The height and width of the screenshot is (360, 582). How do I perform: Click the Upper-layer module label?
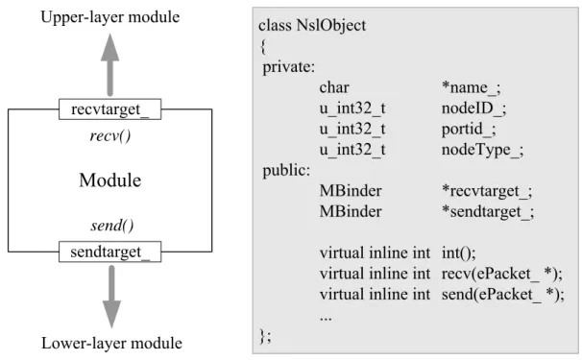coord(110,17)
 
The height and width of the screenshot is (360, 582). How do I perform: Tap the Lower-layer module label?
coord(111,344)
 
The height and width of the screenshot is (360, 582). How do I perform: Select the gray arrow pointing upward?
coord(110,64)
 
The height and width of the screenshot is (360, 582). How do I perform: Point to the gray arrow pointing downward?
coord(111,297)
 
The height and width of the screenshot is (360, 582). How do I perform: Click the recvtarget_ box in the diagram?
coord(109,109)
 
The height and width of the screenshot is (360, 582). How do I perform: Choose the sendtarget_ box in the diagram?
coord(109,252)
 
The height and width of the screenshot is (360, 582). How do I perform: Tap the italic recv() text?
coord(110,135)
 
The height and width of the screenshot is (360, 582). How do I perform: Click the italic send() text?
coord(112,226)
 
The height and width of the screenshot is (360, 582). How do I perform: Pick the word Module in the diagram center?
coord(110,180)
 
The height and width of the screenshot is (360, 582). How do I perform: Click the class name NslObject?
coord(331,25)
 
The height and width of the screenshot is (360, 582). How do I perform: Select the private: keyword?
coord(289,67)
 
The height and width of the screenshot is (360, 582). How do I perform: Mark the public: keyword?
coord(286,170)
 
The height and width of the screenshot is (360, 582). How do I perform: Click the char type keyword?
coord(334,87)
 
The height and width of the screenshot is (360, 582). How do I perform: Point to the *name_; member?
coord(471,88)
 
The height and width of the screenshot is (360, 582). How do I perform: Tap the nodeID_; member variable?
coord(474,108)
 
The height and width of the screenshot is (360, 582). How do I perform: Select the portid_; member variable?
coord(469,130)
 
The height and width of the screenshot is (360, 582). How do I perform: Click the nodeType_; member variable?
coord(482,150)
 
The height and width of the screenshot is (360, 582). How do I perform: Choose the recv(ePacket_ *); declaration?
coord(502,274)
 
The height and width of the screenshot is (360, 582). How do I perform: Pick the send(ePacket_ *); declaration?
coord(503,295)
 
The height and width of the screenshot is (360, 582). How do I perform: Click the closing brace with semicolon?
coord(265,336)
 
